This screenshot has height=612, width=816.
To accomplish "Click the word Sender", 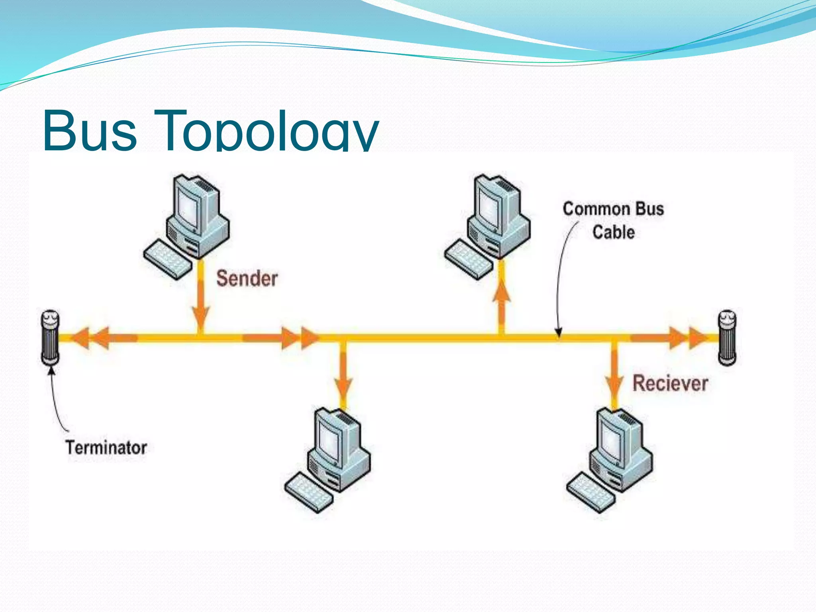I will click(x=247, y=278).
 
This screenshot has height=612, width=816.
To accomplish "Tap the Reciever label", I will click(x=670, y=383).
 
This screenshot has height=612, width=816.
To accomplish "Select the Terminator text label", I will click(x=106, y=447).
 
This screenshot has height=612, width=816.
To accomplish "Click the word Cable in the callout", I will click(x=613, y=232).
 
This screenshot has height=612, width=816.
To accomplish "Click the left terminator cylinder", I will click(x=50, y=338).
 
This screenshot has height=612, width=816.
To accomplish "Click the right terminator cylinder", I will click(x=727, y=338).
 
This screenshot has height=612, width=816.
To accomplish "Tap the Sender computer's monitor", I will click(x=190, y=207).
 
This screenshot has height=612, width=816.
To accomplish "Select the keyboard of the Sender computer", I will click(x=167, y=259).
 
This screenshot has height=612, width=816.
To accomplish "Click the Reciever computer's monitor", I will click(x=613, y=440).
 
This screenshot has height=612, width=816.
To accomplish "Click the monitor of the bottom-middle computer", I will click(x=331, y=440).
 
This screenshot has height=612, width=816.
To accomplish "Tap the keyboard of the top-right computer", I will click(x=469, y=259).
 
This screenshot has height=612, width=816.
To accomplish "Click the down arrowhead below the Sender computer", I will click(x=201, y=317).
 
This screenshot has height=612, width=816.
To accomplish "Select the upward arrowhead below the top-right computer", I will click(x=502, y=293).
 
